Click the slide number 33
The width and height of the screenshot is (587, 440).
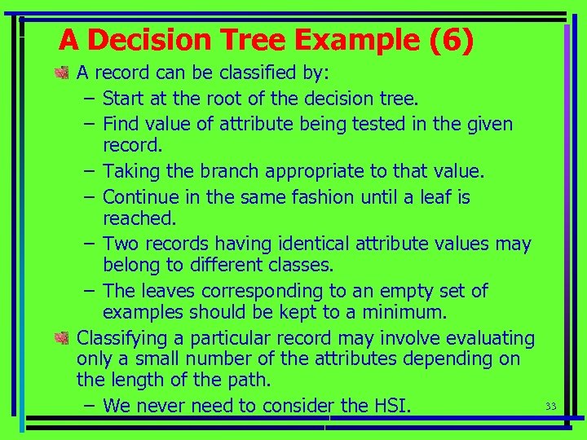point(549,406)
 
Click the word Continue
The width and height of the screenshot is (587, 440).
point(138,197)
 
